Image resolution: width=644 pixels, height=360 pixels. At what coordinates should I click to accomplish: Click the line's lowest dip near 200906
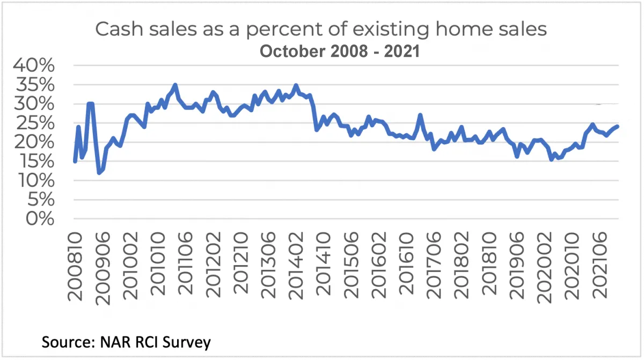[x=99, y=173]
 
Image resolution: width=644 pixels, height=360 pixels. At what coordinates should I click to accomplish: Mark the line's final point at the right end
[x=618, y=126]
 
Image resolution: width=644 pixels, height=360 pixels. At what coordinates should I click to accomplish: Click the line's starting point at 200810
[x=75, y=161]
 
